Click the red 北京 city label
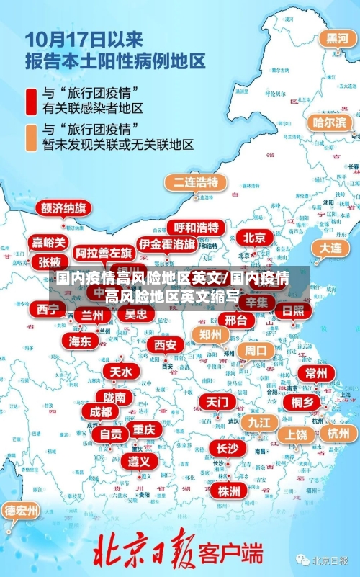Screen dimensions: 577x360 tap(254, 237)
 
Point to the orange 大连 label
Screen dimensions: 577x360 tap(330, 247)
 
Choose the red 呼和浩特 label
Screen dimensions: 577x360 tap(196, 228)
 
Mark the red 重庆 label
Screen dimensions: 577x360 tap(143, 429)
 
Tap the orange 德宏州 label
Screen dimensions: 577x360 tap(22, 511)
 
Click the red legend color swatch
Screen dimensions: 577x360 tap(32, 101)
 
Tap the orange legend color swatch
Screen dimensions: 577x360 tap(32, 136)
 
